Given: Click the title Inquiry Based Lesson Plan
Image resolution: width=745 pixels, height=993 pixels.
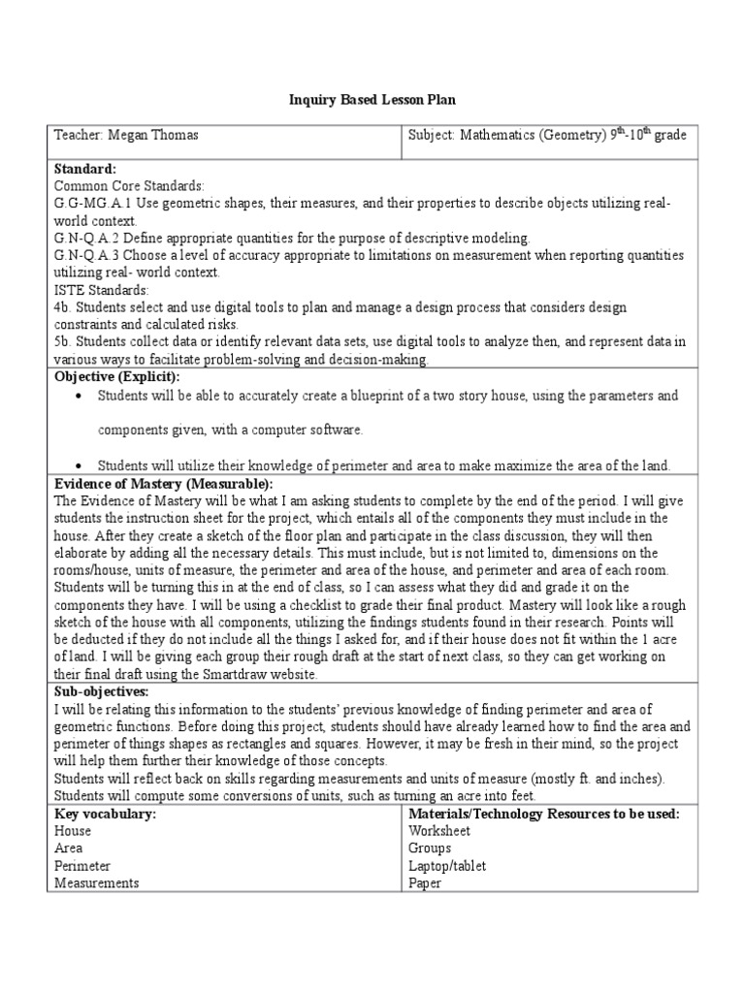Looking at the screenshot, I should click(x=372, y=100).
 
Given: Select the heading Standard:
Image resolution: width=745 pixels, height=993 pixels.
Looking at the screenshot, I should click(x=85, y=169).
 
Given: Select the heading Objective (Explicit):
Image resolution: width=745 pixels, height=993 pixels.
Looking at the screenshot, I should click(x=117, y=376).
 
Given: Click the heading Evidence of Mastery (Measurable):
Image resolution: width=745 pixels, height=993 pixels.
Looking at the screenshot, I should click(x=164, y=483).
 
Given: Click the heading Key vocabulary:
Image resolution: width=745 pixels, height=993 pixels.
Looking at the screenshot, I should click(x=106, y=814).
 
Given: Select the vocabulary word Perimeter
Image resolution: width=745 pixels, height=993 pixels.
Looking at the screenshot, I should click(x=82, y=866).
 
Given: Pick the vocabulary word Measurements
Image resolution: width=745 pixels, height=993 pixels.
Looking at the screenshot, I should click(x=97, y=883).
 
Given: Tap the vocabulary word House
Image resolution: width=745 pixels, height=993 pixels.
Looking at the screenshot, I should click(x=73, y=831).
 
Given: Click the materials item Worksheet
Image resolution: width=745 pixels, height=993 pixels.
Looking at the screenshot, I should click(x=439, y=831).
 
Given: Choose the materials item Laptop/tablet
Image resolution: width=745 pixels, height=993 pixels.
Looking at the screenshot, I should click(x=447, y=866).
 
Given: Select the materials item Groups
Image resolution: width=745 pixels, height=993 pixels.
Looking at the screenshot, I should click(x=431, y=849).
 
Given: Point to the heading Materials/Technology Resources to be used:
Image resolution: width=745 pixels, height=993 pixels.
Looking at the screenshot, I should click(x=544, y=814).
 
